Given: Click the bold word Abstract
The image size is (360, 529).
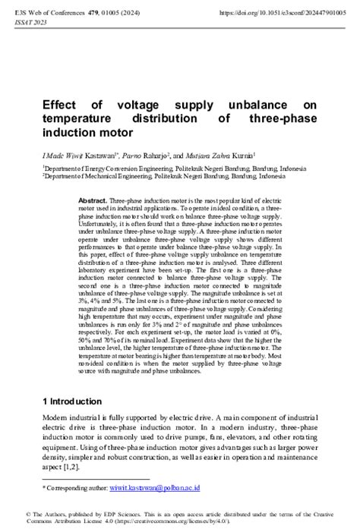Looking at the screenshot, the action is tap(93, 199).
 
